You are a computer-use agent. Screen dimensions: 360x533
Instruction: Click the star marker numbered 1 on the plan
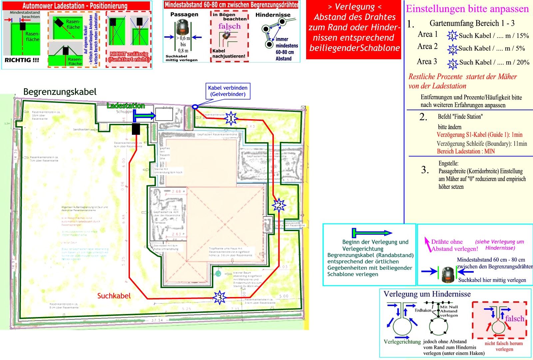tap(231, 119)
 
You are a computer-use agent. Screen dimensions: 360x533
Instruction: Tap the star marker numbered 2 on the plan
tap(278, 205)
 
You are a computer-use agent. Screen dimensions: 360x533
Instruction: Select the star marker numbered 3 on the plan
tap(219, 297)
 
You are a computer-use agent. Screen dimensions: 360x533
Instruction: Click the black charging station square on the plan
tap(136, 129)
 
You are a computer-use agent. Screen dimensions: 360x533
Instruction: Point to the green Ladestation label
tap(126, 106)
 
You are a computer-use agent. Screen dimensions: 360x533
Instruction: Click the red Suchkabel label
tap(114, 296)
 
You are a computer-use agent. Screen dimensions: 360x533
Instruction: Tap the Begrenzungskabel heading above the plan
tap(60, 92)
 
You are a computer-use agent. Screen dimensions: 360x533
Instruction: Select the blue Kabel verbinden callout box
tap(228, 91)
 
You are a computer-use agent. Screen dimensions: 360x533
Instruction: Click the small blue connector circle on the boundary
tap(195, 107)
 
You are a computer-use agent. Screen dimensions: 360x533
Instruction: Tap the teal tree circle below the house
tap(218, 273)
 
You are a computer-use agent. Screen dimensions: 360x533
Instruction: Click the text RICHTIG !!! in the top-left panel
tap(22, 60)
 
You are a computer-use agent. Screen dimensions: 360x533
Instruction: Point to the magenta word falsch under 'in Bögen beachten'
tap(230, 26)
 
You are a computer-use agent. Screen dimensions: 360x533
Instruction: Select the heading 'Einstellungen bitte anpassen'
tap(467, 9)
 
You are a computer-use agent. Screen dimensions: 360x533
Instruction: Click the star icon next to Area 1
tap(452, 36)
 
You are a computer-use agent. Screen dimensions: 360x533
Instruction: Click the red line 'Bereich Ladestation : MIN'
tap(466, 151)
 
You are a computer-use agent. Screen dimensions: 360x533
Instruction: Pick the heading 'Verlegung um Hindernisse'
tap(427, 294)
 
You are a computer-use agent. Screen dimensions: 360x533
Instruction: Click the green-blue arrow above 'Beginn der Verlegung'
tap(372, 233)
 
